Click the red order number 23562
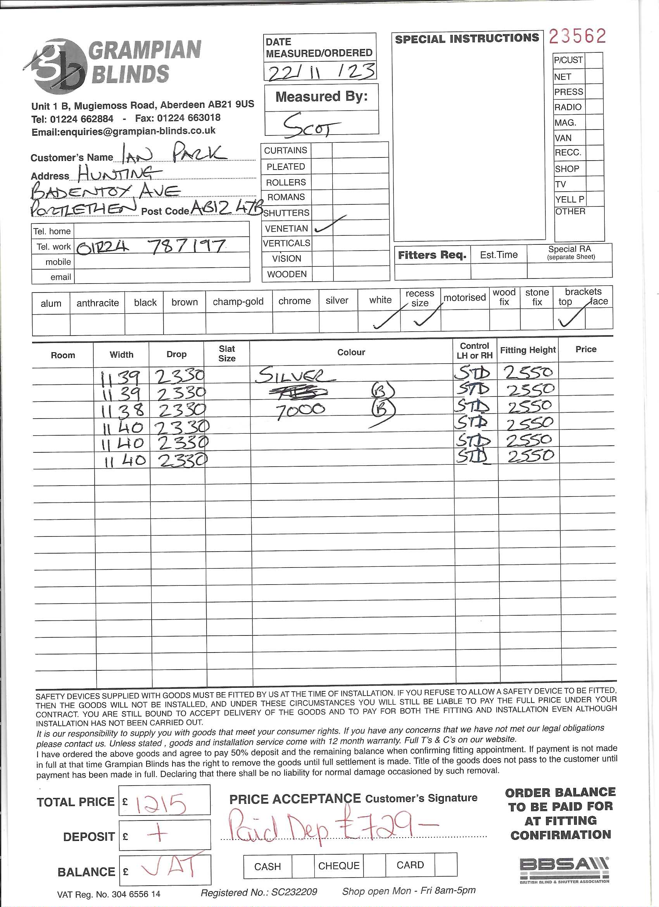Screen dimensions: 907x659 [x=577, y=36]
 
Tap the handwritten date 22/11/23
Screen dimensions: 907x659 [x=321, y=73]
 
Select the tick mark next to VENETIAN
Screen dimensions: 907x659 [x=330, y=225]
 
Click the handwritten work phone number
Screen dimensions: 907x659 [x=151, y=246]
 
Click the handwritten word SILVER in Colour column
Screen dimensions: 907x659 [x=295, y=375]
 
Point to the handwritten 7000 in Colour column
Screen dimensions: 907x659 [x=300, y=411]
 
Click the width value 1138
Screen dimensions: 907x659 [x=120, y=410]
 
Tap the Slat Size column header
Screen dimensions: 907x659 [x=227, y=353]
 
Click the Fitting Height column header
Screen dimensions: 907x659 [x=528, y=350]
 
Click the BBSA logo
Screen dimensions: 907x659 [x=564, y=869]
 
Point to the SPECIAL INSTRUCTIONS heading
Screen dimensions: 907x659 [x=467, y=39]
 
